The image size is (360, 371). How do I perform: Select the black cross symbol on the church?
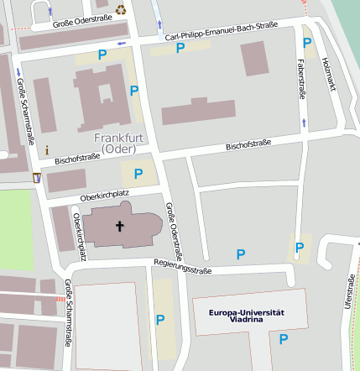click(119, 226)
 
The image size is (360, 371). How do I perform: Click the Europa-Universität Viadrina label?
click(247, 316)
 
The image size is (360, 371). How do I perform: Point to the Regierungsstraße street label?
click(182, 266)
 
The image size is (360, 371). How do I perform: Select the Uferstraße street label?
click(349, 293)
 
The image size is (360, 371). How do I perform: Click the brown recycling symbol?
click(121, 10)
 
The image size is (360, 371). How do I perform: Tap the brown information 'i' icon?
click(47, 149)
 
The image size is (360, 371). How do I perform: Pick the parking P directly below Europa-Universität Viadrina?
click(284, 339)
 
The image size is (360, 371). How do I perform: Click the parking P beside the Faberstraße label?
click(307, 43)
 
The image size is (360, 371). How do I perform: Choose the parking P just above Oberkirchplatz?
click(138, 173)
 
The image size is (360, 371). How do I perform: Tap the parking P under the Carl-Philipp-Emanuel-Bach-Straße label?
click(180, 49)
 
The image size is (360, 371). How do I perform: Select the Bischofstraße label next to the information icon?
click(77, 157)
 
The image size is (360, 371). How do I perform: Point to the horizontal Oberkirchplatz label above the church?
click(104, 195)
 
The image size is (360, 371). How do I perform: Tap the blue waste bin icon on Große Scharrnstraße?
click(37, 178)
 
